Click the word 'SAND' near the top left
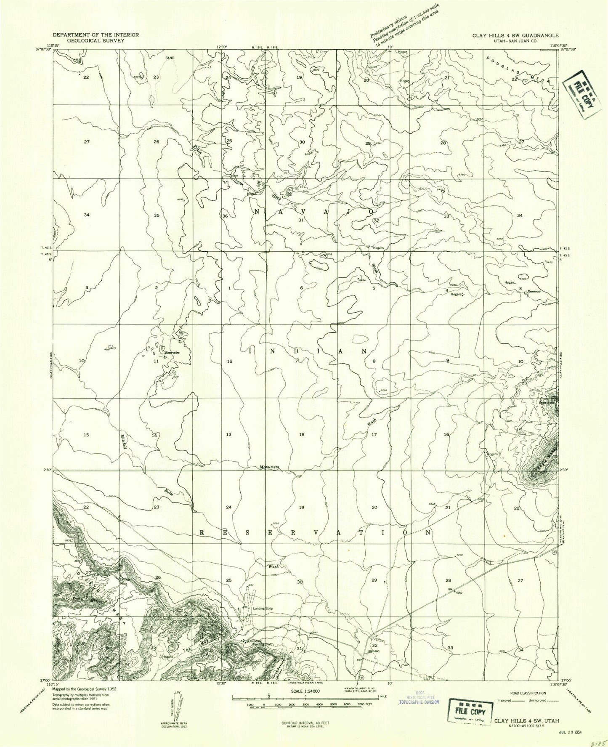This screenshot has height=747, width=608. tap(170, 58)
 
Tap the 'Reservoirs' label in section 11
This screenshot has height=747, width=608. tap(172, 353)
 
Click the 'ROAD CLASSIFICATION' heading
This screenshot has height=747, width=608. tap(522, 693)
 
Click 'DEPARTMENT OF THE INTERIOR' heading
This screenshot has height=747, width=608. tap(96, 35)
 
